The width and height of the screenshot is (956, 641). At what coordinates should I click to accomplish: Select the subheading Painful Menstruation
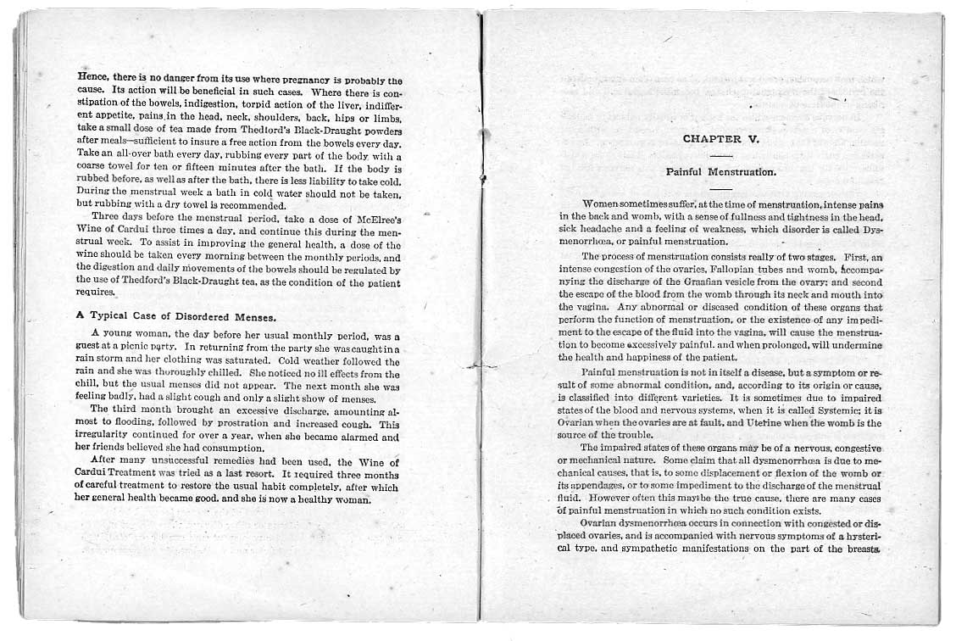click(x=721, y=171)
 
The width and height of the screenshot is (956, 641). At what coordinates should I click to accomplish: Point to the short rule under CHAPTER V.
click(x=721, y=155)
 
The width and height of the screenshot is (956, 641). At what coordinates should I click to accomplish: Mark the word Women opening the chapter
click(x=603, y=204)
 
